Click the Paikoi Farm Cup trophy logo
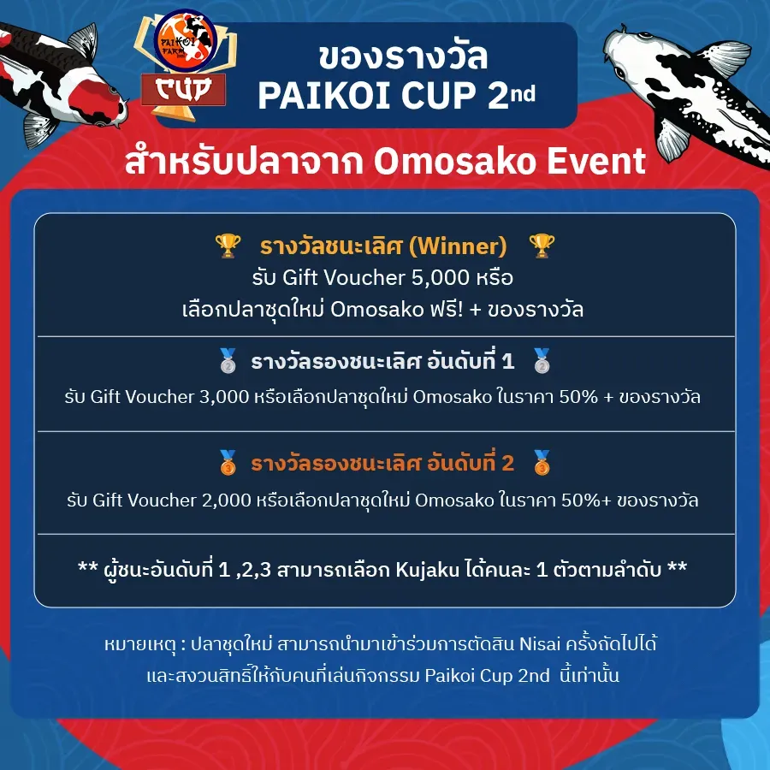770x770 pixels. (x=185, y=65)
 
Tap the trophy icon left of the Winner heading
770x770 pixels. (x=228, y=246)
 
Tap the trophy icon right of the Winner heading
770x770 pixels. (x=542, y=246)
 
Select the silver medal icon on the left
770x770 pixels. (x=228, y=361)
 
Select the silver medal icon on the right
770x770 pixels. (x=542, y=361)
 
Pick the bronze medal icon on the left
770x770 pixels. (x=228, y=463)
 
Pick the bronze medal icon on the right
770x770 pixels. (x=542, y=463)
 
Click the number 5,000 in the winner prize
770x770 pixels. (x=441, y=278)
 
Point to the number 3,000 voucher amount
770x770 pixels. (x=224, y=397)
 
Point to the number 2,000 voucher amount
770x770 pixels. (x=227, y=500)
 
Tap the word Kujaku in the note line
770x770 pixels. (x=427, y=570)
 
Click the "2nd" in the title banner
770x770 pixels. (x=512, y=93)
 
